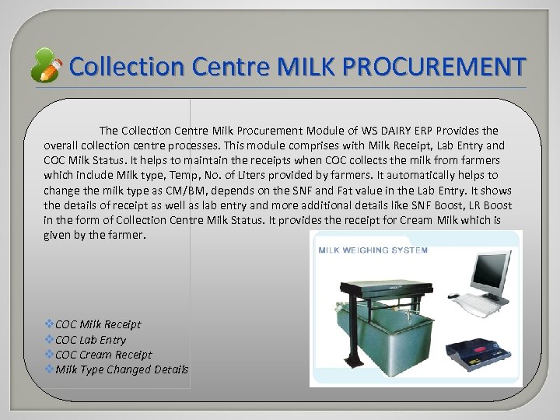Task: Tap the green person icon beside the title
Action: click(x=46, y=66)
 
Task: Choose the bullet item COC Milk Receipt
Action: click(x=98, y=324)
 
